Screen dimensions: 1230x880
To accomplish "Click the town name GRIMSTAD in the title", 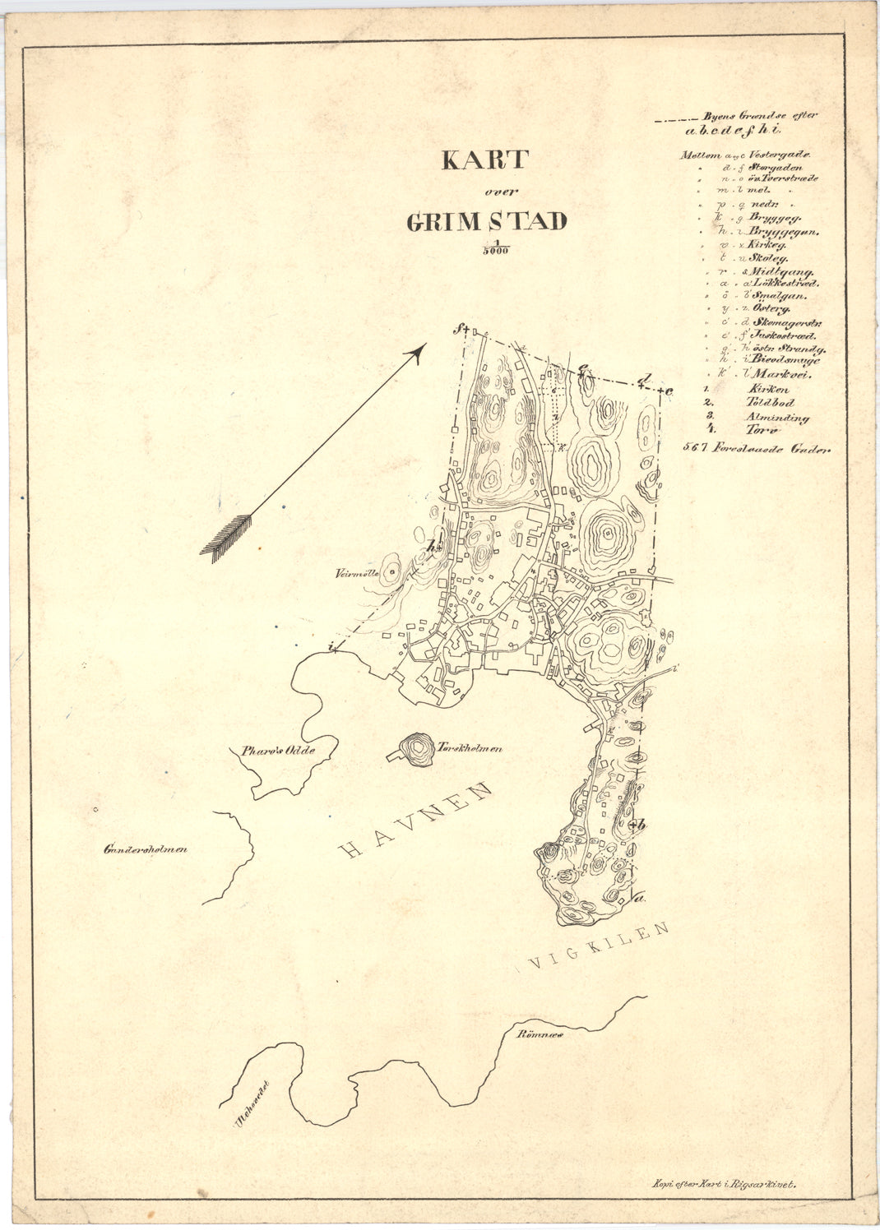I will pyautogui.click(x=486, y=221).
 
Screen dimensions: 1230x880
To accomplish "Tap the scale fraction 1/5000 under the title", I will pyautogui.click(x=494, y=248).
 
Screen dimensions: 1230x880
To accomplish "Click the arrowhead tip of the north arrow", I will pyautogui.click(x=422, y=348).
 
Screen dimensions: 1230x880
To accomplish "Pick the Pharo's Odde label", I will pyautogui.click(x=278, y=750).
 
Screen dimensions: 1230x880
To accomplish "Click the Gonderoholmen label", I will pyautogui.click(x=145, y=849).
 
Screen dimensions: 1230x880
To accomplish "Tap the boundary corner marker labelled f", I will pyautogui.click(x=461, y=330).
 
